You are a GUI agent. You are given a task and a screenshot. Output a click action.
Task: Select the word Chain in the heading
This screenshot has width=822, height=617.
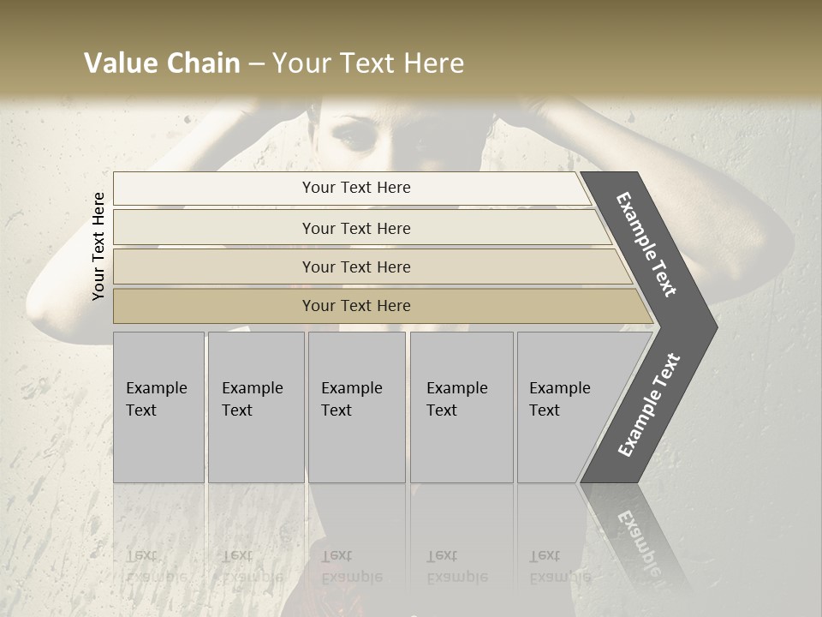click(202, 63)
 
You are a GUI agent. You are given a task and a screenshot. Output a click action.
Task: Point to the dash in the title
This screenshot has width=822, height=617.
click(256, 64)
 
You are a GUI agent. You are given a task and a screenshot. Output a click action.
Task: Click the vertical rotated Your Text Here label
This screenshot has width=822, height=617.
click(98, 246)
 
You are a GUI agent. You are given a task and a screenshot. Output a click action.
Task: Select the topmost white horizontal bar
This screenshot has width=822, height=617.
click(351, 188)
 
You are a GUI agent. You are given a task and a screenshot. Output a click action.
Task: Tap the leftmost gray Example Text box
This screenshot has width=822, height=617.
click(158, 407)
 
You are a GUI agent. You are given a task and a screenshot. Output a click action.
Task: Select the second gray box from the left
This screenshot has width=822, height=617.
click(256, 407)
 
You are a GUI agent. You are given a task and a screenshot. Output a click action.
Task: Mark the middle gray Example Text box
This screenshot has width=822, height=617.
click(356, 407)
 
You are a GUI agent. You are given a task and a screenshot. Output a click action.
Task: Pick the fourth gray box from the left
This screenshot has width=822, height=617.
click(462, 407)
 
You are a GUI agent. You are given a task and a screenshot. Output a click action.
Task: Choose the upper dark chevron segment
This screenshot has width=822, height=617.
click(648, 244)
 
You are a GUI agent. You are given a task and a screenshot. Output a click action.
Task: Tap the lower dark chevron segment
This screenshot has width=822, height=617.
click(648, 407)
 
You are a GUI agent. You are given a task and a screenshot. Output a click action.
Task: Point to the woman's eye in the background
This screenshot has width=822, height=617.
click(352, 135)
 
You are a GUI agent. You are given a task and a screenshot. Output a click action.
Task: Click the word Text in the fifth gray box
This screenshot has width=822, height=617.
click(545, 410)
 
